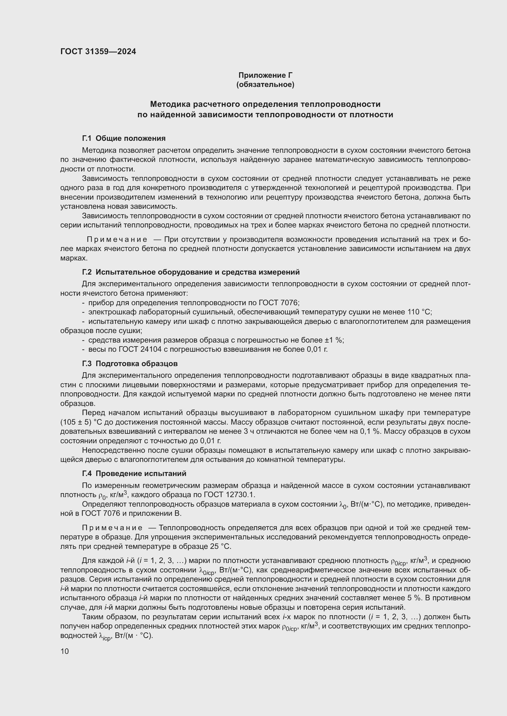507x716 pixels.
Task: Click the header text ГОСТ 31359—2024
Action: pos(98,51)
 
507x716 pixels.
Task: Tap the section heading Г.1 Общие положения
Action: pos(124,138)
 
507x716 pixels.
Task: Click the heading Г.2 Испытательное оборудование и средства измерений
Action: pos(191,272)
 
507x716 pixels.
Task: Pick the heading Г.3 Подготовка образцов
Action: pos(130,364)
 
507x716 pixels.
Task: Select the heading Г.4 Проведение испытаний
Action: pos(134,473)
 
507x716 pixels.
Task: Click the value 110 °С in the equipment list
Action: pos(419,312)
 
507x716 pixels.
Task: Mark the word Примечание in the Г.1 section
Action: pos(117,239)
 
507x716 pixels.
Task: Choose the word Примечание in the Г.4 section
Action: pos(112,528)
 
